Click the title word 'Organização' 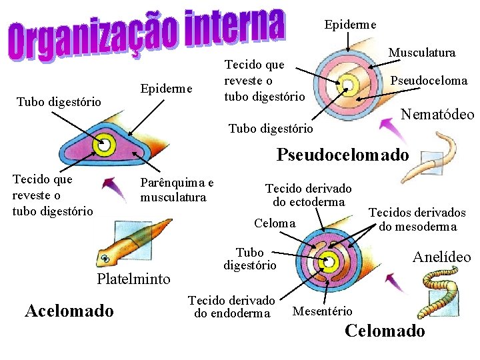tap(93, 39)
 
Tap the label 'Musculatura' tap(422, 53)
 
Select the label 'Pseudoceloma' tap(429, 81)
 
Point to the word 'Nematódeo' tap(437, 115)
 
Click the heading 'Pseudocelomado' tap(343, 155)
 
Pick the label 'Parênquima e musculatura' tap(177, 190)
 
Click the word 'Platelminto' tap(134, 279)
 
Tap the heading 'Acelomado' tap(69, 311)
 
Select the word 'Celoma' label tap(275, 223)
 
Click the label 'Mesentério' tap(323, 311)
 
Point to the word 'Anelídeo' tap(441, 257)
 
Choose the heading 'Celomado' tap(385, 331)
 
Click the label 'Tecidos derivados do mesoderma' tap(417, 219)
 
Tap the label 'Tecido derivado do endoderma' tap(232, 307)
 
